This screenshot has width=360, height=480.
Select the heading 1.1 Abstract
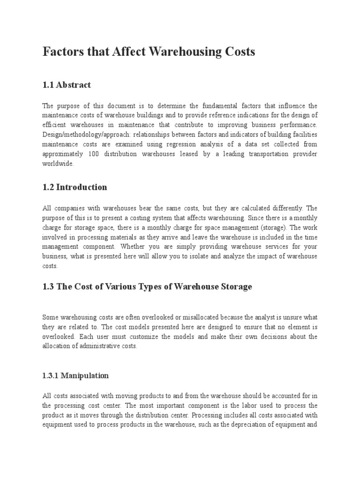click(67, 85)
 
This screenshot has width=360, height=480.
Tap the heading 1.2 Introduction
click(75, 187)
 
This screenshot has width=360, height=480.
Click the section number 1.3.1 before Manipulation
click(52, 375)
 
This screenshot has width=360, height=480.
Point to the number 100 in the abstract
click(94, 154)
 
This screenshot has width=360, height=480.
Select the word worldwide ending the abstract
click(58, 164)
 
